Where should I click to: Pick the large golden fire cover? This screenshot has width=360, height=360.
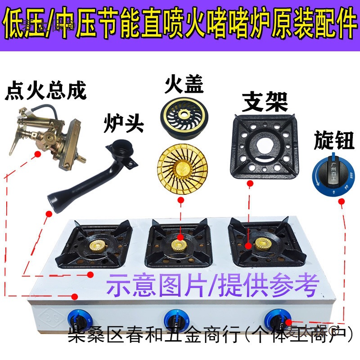tap(180, 171)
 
